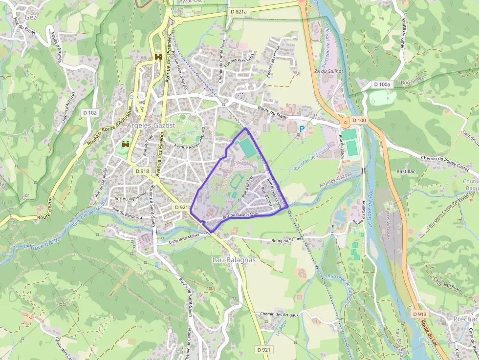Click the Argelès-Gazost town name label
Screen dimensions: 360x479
pyautogui.click(x=151, y=126)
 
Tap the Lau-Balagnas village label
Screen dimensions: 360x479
pyautogui.click(x=234, y=260)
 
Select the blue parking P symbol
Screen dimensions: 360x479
pyautogui.click(x=302, y=129)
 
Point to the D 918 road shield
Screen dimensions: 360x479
pyautogui.click(x=141, y=171)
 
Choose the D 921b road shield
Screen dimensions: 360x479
pyautogui.click(x=181, y=207)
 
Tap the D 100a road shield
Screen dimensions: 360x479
pyautogui.click(x=382, y=85)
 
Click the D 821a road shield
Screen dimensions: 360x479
pyautogui.click(x=239, y=11)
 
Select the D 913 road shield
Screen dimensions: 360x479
pyautogui.click(x=419, y=314)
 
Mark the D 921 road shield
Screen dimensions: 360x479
pyautogui.click(x=263, y=349)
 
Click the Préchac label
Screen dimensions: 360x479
pyautogui.click(x=463, y=319)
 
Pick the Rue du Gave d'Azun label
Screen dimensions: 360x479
pyautogui.click(x=240, y=215)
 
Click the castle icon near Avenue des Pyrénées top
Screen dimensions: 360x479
pyautogui.click(x=159, y=57)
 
